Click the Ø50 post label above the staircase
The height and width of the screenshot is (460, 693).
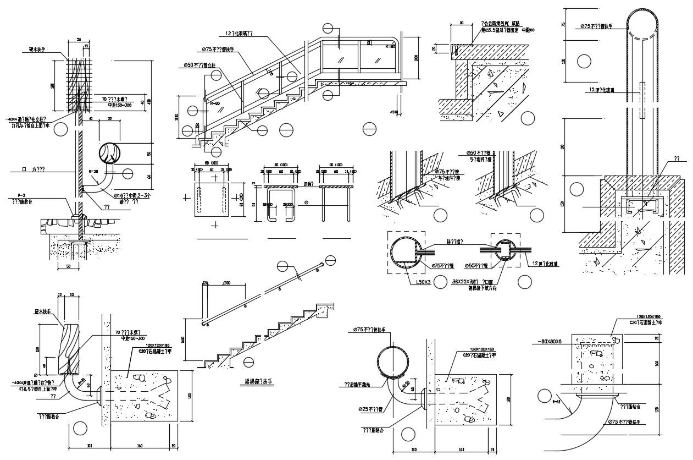click(x=199, y=65)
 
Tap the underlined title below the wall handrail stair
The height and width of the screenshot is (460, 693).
click(x=258, y=381)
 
